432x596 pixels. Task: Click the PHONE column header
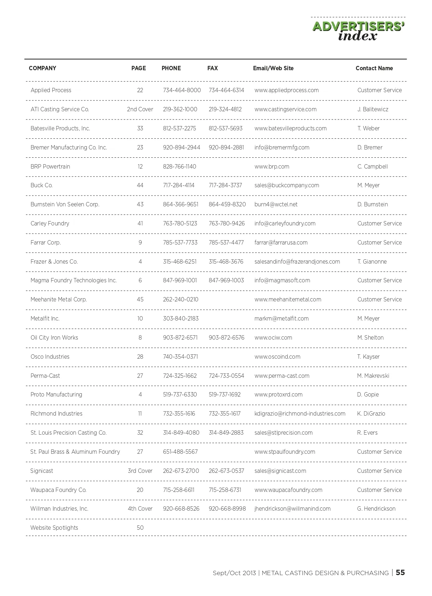pyautogui.click(x=171, y=68)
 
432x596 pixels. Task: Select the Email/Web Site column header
pyautogui.click(x=273, y=68)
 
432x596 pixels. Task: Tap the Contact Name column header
pyautogui.click(x=374, y=68)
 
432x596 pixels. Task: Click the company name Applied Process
pyautogui.click(x=51, y=90)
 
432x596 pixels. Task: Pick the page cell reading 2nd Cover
pyautogui.click(x=140, y=109)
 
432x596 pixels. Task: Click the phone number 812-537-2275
pyautogui.click(x=179, y=129)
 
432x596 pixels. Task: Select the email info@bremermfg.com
pyautogui.click(x=282, y=148)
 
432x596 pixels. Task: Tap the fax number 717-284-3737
pyautogui.click(x=225, y=185)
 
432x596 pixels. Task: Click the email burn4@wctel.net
pyautogui.click(x=276, y=205)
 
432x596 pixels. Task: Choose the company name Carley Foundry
pyautogui.click(x=50, y=224)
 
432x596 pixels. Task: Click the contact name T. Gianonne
pyautogui.click(x=372, y=262)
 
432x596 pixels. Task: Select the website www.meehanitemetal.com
pyautogui.click(x=288, y=300)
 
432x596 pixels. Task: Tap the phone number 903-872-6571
pyautogui.click(x=180, y=338)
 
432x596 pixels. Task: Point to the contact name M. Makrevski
pyautogui.click(x=373, y=376)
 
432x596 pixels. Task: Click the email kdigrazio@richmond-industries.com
pyautogui.click(x=300, y=414)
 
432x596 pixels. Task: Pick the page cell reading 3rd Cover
pyautogui.click(x=140, y=471)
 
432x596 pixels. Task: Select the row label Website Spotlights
pyautogui.click(x=54, y=528)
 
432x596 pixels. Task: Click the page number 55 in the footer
pyautogui.click(x=400, y=573)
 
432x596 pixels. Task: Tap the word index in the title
pyautogui.click(x=357, y=36)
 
